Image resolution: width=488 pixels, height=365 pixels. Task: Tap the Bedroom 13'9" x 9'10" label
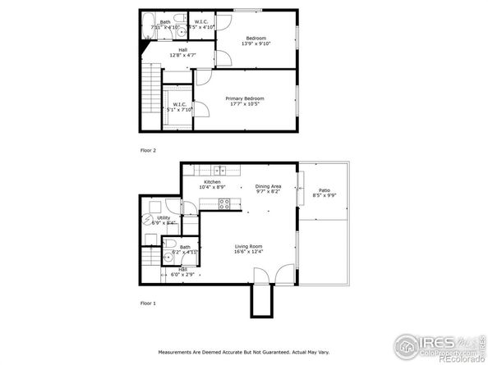[257, 41]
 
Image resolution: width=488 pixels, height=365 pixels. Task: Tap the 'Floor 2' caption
[148, 150]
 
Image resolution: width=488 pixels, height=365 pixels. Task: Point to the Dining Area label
[268, 188]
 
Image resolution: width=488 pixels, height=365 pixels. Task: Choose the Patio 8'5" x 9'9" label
[325, 194]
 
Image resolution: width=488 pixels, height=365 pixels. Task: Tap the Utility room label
[163, 220]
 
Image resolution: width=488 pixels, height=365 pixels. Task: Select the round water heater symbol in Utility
[155, 219]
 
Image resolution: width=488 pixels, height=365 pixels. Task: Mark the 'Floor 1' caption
[148, 303]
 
